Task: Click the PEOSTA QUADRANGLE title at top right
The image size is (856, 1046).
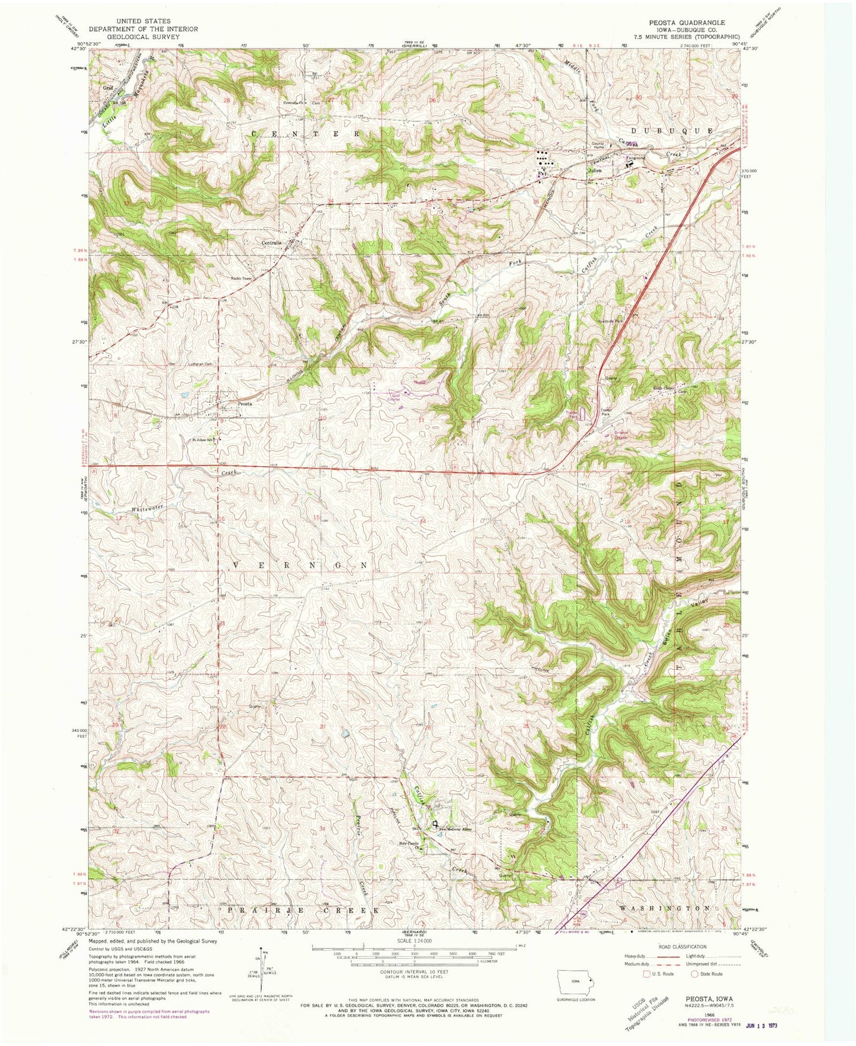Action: pyautogui.click(x=687, y=23)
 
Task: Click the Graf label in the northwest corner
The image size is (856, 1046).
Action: pyautogui.click(x=107, y=87)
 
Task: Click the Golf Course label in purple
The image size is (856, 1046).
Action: pyautogui.click(x=395, y=396)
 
